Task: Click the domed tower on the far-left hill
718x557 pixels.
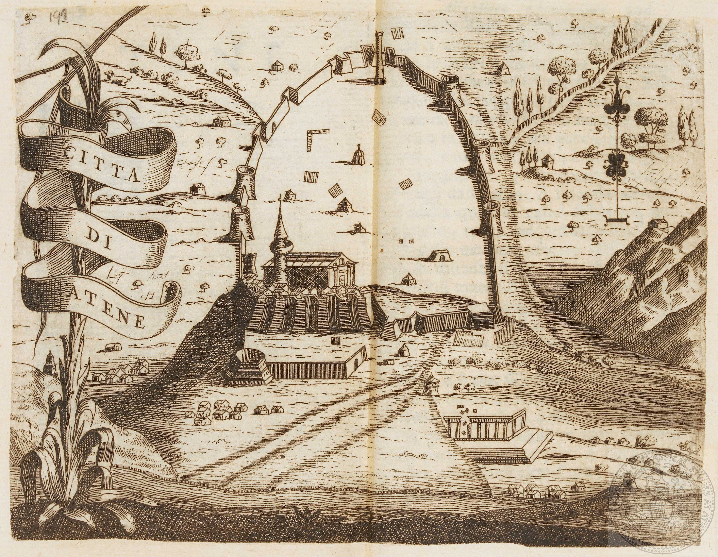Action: (x=49, y=368)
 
